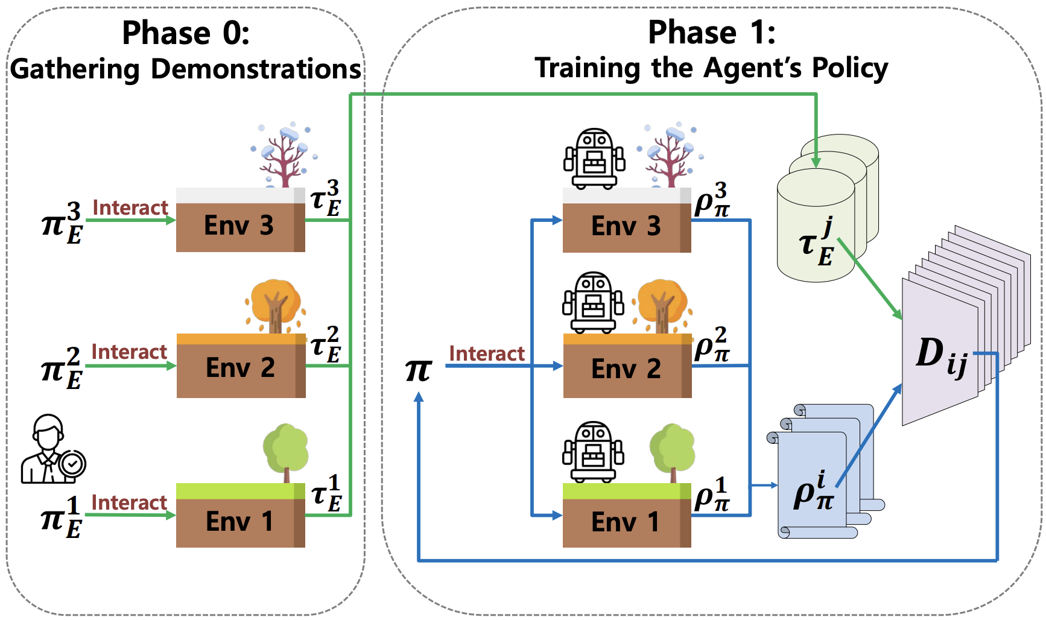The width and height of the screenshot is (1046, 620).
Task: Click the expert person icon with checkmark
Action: [52, 450]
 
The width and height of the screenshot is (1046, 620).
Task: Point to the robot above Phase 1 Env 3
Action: [594, 158]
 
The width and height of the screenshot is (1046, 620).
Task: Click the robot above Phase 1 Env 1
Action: [593, 451]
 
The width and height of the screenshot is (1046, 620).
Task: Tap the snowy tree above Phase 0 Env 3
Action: [284, 154]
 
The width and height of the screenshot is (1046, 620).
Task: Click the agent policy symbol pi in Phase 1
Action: [419, 369]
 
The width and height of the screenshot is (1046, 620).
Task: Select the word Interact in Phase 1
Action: [487, 353]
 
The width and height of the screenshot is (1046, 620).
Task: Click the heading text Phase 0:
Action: [186, 33]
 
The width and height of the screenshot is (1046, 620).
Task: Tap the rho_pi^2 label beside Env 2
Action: [712, 345]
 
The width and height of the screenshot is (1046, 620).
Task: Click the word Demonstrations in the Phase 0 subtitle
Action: [256, 69]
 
